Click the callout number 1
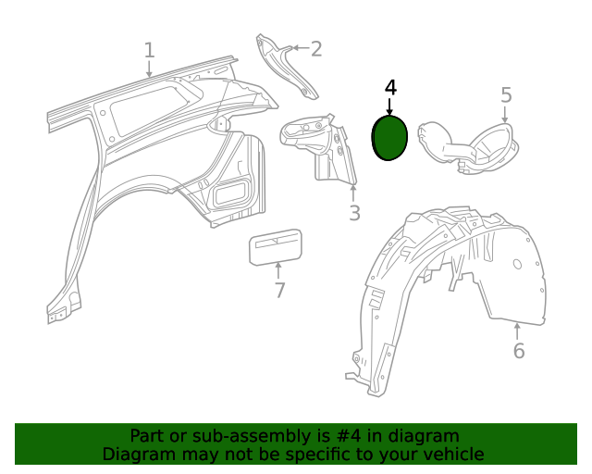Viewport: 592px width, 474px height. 149,50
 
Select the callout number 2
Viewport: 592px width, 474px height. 316,48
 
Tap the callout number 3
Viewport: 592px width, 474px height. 354,214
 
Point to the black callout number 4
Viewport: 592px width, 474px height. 390,87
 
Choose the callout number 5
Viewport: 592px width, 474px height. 506,94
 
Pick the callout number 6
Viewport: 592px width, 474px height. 518,351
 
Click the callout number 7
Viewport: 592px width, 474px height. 279,291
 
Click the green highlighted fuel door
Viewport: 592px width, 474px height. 388,138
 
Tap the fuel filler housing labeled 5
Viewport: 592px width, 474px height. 467,145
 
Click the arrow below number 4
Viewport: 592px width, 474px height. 389,106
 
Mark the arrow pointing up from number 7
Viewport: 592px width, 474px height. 278,270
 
